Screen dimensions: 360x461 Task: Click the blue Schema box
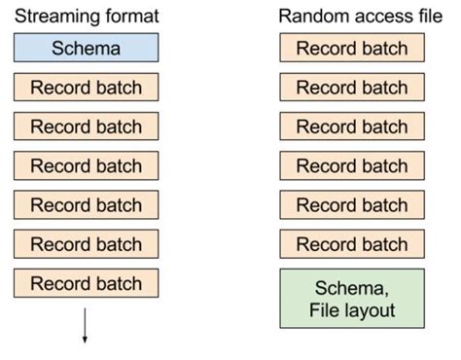86,47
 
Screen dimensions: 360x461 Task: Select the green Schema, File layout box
351,298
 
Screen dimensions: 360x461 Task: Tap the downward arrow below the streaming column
86,326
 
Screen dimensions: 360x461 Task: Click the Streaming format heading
86,17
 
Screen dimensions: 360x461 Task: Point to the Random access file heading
351,17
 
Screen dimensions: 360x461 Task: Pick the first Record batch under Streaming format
86,87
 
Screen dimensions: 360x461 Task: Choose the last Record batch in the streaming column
86,283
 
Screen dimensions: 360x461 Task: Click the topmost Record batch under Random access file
351,47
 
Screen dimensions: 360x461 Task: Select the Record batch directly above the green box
351,244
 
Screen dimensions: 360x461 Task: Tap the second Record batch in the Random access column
351,87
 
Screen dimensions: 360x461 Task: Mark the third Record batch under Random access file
351,126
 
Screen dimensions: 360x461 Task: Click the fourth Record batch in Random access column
351,165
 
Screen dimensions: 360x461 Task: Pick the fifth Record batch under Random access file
351,205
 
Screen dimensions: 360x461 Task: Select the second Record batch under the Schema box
86,126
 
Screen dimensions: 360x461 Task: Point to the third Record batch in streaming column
86,165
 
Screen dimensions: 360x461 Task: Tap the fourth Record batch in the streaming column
86,205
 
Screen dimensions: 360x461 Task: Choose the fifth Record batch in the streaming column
86,244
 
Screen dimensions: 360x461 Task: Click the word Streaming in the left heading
54,17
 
